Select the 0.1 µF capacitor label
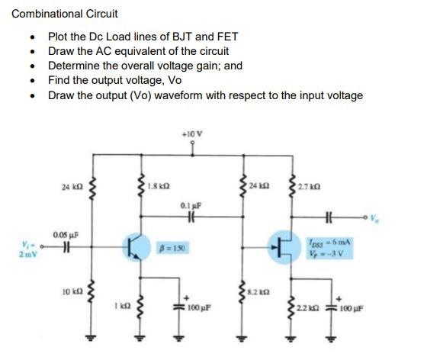pyautogui.click(x=190, y=204)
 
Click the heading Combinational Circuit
pyautogui.click(x=65, y=14)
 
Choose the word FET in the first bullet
pyautogui.click(x=227, y=36)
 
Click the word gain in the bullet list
pyautogui.click(x=209, y=66)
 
